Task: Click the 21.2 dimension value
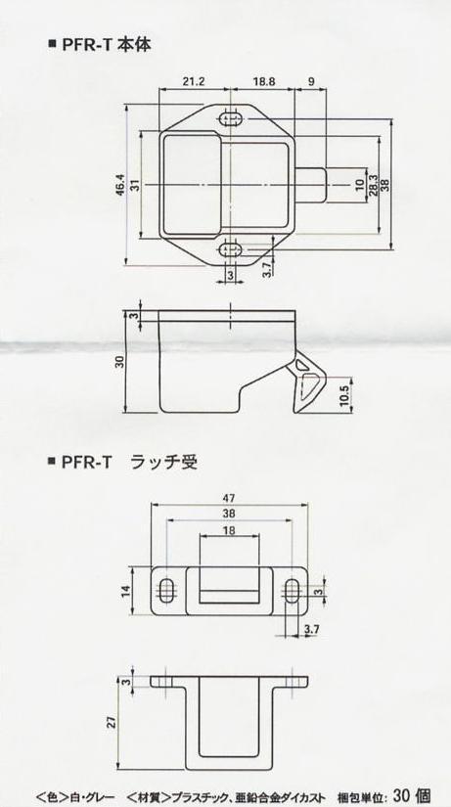click(x=194, y=81)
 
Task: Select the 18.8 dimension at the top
click(x=264, y=81)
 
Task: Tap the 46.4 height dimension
click(x=120, y=185)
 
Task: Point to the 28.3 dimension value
click(x=374, y=185)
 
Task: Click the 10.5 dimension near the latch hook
click(x=344, y=396)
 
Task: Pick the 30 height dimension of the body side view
click(x=120, y=361)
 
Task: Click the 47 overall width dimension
click(x=230, y=498)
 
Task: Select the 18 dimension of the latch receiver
click(x=230, y=530)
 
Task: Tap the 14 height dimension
click(x=125, y=591)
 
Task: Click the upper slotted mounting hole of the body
click(x=230, y=119)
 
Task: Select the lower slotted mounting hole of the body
click(x=230, y=250)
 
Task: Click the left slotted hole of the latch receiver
click(x=167, y=590)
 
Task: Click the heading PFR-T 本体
click(x=107, y=45)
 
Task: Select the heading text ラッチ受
click(x=164, y=462)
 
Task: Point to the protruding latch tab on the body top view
click(x=311, y=185)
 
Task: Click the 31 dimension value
click(x=134, y=185)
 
